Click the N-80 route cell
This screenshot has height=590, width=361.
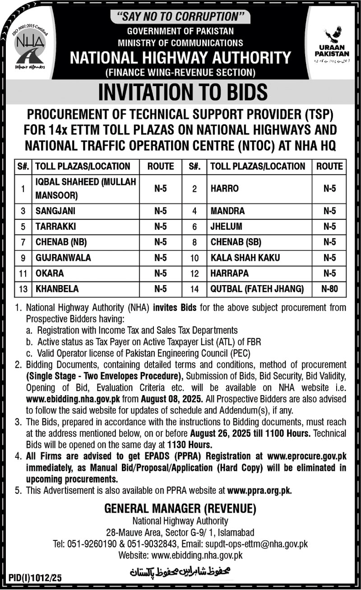(x=330, y=289)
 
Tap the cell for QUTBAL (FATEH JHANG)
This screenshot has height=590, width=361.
(x=257, y=289)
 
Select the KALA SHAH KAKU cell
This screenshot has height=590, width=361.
(x=245, y=258)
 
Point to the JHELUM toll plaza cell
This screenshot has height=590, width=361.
(x=227, y=226)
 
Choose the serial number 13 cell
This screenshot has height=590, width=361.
(x=23, y=289)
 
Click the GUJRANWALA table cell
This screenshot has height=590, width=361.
(x=63, y=258)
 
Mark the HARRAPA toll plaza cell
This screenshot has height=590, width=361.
(x=230, y=273)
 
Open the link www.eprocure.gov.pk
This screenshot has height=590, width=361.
(x=313, y=456)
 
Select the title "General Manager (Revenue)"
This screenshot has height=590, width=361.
(x=180, y=509)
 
